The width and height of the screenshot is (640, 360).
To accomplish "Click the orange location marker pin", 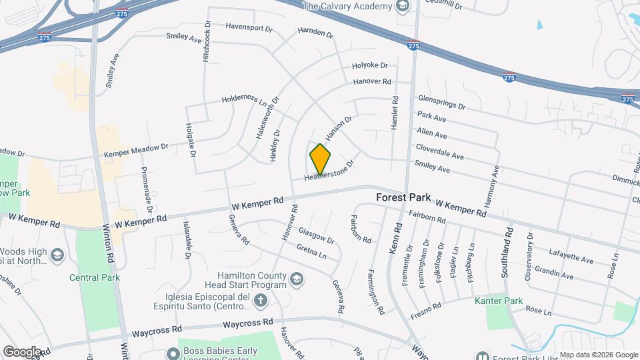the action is click(320, 159).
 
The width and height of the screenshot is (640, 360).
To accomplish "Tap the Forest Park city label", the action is click(403, 198).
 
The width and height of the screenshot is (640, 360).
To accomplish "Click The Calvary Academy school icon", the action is click(402, 7).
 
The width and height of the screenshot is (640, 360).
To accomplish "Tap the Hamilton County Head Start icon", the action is click(297, 279).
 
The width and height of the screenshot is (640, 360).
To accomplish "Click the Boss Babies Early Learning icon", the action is click(171, 353).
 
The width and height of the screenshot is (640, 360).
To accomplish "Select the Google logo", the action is click(21, 352).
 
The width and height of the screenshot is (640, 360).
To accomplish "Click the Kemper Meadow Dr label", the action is click(136, 150).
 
